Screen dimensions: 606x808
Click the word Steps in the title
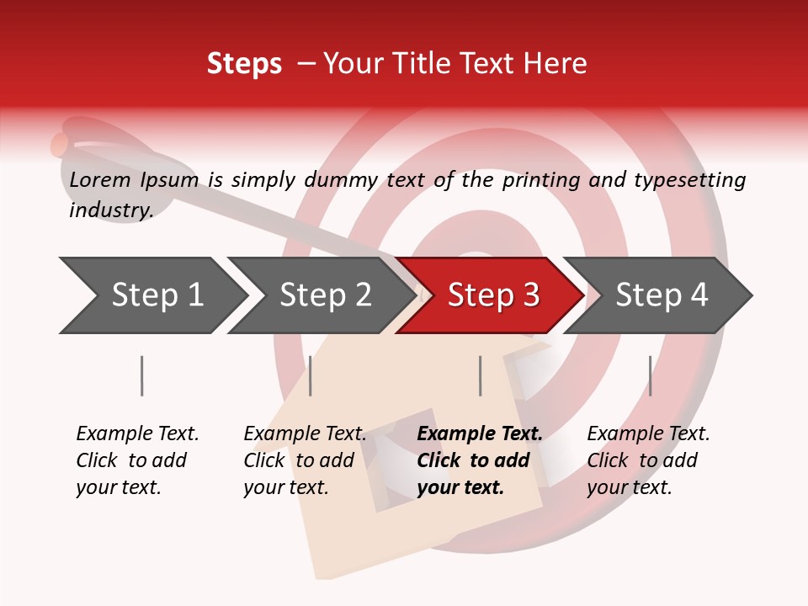tap(244, 64)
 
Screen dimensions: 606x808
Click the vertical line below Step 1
tap(142, 375)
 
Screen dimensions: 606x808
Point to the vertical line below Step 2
tap(311, 375)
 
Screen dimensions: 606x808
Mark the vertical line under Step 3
tap(481, 375)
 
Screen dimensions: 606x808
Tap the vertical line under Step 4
tap(650, 375)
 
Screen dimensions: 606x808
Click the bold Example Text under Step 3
tap(480, 460)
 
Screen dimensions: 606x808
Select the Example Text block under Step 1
tap(137, 460)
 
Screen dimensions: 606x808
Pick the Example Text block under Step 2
tap(305, 460)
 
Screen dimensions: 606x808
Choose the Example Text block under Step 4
tap(648, 460)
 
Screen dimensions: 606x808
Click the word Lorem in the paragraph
tap(100, 179)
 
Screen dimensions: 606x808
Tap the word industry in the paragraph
tap(110, 210)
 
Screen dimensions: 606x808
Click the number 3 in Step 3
tap(530, 295)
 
